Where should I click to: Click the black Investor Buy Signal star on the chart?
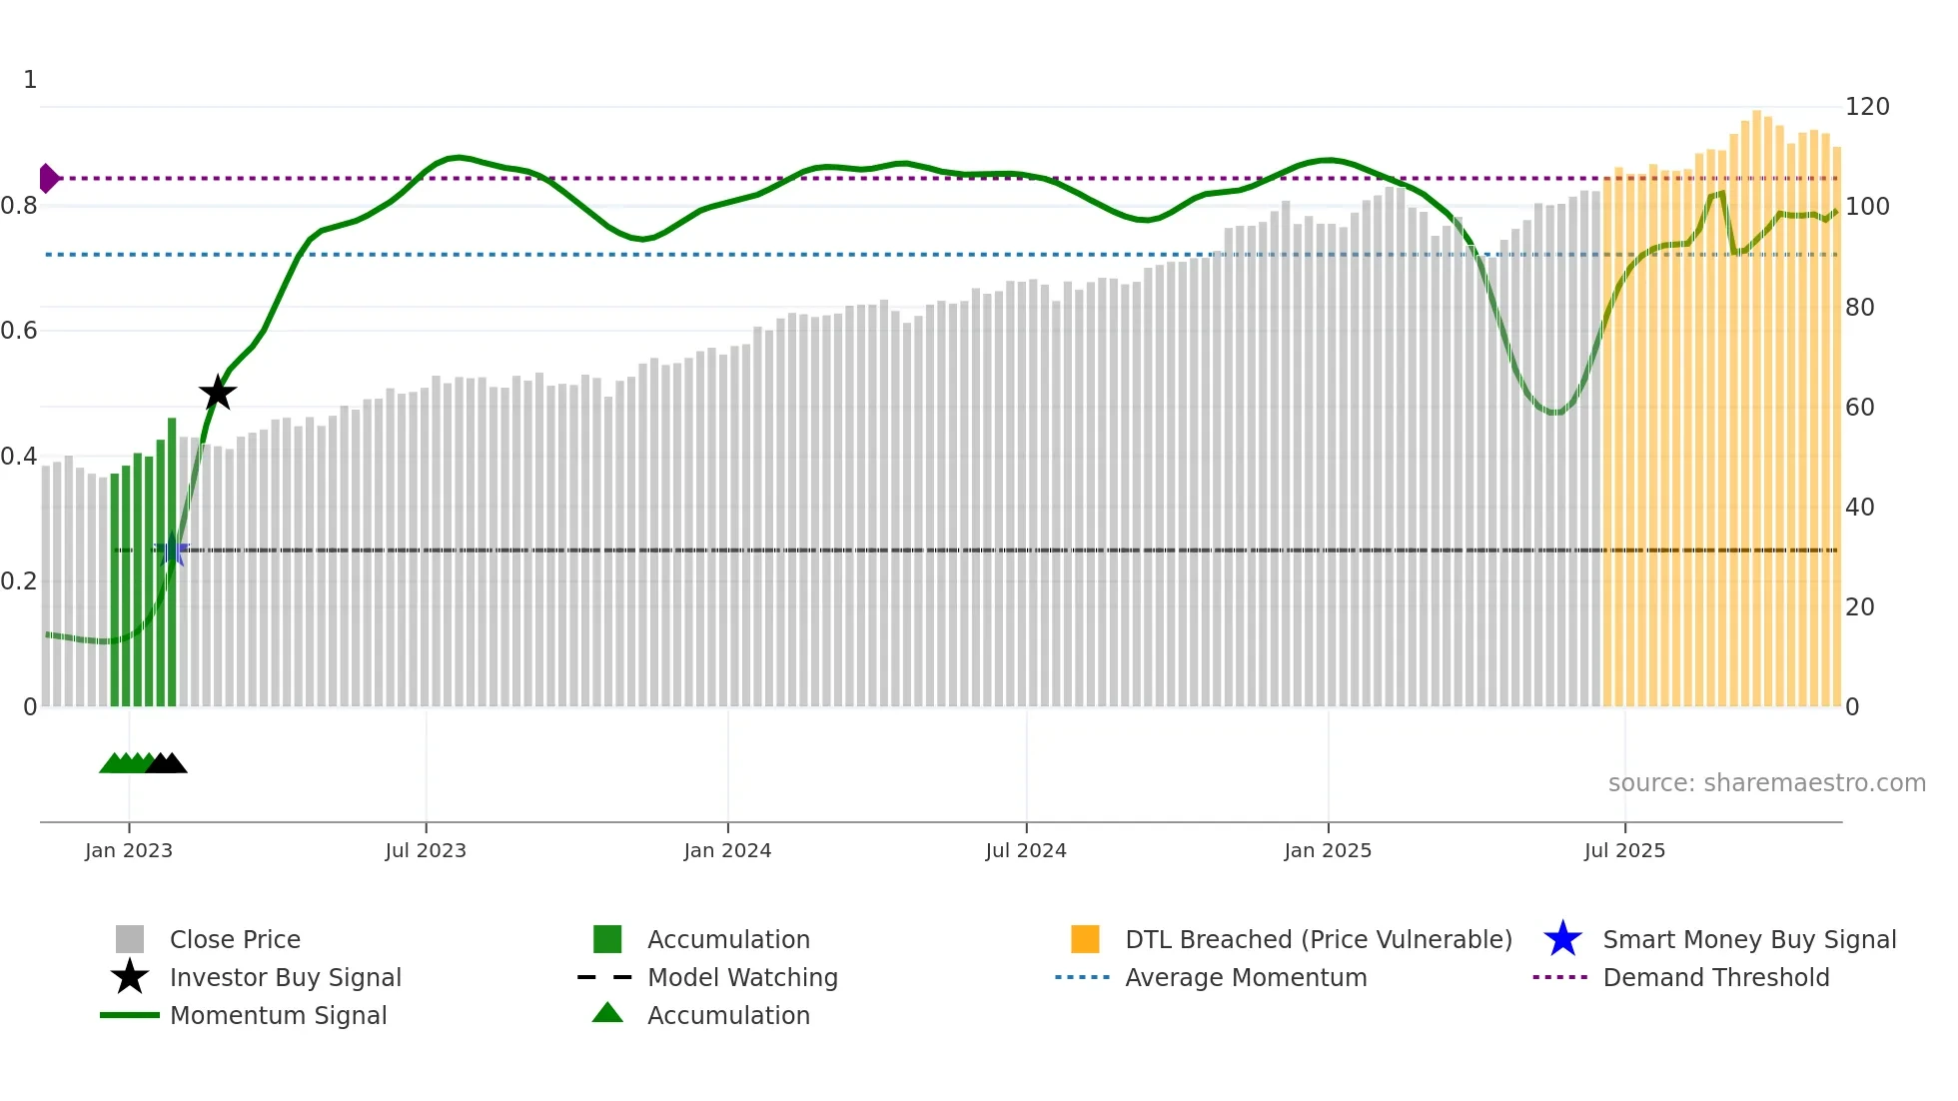coord(218,393)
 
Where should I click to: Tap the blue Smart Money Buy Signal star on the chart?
coord(172,550)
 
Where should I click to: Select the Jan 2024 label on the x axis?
coord(727,850)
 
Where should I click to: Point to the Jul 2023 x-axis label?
coord(426,850)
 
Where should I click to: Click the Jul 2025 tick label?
coord(1624,850)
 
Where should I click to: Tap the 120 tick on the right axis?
coord(1866,107)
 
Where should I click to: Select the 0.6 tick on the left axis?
coord(20,331)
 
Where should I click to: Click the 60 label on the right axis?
coord(1859,407)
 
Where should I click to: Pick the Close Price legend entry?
coord(234,939)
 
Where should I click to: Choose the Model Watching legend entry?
coord(741,977)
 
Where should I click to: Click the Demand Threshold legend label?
coord(1715,977)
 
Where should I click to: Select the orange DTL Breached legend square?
coord(1085,939)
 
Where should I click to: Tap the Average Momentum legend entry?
coord(1245,977)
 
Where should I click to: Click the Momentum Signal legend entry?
coord(278,1015)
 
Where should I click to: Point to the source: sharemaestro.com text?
coord(1766,782)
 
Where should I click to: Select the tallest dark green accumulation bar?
coord(172,559)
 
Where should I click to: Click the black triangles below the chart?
coord(167,763)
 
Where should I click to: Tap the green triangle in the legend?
coord(607,1013)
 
